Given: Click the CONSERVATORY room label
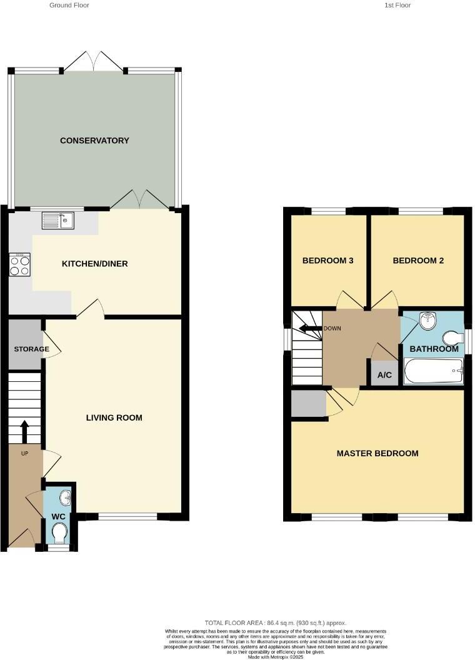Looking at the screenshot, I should pyautogui.click(x=94, y=141).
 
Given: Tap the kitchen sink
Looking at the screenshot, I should pyautogui.click(x=58, y=220).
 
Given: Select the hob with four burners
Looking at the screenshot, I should pyautogui.click(x=20, y=266).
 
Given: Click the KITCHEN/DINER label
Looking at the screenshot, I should pyautogui.click(x=94, y=264).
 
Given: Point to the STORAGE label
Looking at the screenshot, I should pyautogui.click(x=31, y=349).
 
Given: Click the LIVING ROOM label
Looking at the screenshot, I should pyautogui.click(x=114, y=417).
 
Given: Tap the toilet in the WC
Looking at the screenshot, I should pyautogui.click(x=59, y=533).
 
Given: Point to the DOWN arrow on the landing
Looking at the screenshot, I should pyautogui.click(x=310, y=328).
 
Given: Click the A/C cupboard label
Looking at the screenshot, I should pyautogui.click(x=384, y=375).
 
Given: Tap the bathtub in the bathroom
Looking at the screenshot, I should pyautogui.click(x=434, y=372).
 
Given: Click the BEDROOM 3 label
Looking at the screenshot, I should pyautogui.click(x=328, y=261).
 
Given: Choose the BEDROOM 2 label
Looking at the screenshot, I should pyautogui.click(x=418, y=261).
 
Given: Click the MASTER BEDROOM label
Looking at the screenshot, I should pyautogui.click(x=377, y=453).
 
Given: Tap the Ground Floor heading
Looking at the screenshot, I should pyautogui.click(x=69, y=5).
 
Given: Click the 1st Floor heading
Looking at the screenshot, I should pyautogui.click(x=397, y=5).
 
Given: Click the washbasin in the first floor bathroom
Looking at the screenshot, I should pyautogui.click(x=427, y=321).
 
